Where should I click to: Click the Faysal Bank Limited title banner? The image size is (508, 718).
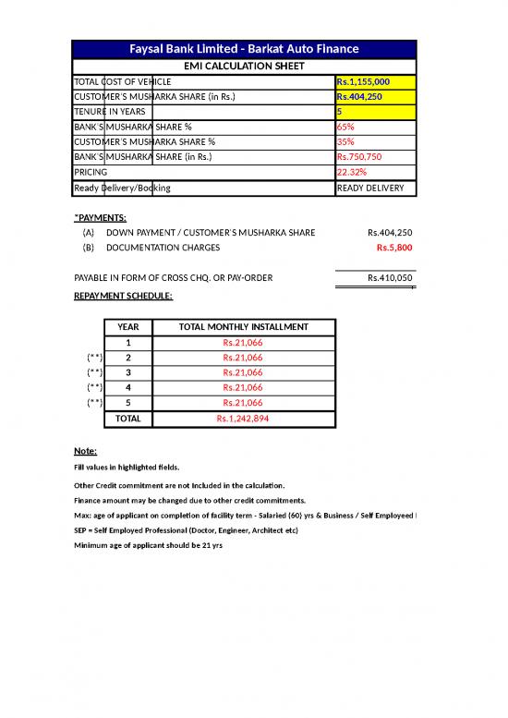click(245, 49)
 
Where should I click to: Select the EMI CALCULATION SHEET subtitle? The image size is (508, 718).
click(244, 66)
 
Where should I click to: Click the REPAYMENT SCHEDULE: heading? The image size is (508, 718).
click(122, 296)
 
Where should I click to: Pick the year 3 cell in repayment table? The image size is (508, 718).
click(128, 372)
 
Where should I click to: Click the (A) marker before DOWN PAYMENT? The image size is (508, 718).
click(88, 232)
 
